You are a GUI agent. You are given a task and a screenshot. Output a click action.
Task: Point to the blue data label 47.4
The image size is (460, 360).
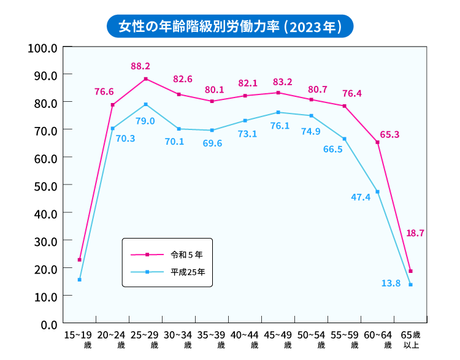tap(361, 197)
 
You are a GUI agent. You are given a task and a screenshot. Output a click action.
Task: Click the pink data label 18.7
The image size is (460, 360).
tap(415, 233)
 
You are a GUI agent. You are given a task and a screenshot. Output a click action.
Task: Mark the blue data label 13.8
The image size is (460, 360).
tap(391, 283)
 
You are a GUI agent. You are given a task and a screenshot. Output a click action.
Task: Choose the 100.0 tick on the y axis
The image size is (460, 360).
tap(43, 47)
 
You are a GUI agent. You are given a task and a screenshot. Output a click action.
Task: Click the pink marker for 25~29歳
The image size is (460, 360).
tap(146, 79)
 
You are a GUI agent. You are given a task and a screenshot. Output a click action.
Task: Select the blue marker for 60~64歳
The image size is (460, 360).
tap(377, 192)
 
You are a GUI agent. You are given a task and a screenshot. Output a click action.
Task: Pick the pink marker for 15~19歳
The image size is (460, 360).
tap(80, 260)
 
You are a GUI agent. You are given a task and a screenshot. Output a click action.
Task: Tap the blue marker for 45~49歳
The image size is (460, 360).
tap(278, 112)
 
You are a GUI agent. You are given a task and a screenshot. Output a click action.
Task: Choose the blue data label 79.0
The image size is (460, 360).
tap(145, 121)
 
